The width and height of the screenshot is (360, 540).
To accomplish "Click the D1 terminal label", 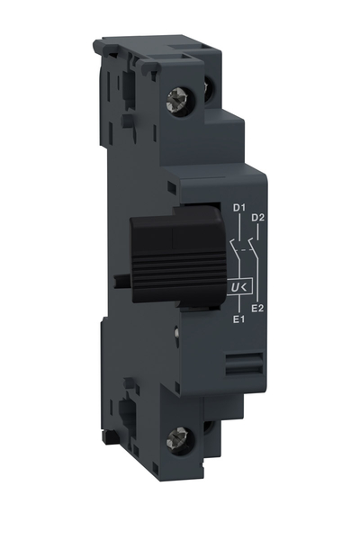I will [239, 210].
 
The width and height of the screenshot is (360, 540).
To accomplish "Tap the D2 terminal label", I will [257, 217].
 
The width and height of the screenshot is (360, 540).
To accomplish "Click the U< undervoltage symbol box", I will [240, 288].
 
